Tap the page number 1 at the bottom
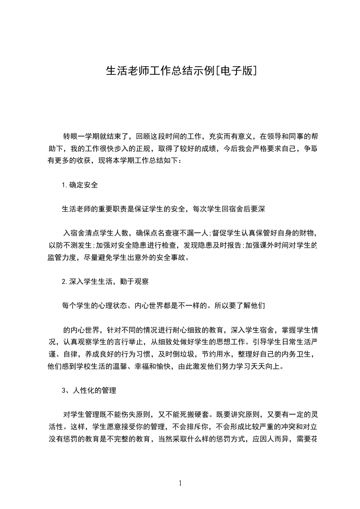[180, 483]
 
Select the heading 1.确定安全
[80, 185]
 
